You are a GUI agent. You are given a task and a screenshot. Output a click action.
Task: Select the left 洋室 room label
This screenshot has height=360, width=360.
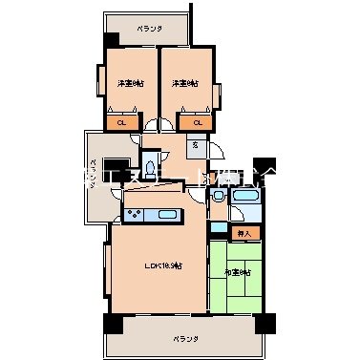click(132, 84)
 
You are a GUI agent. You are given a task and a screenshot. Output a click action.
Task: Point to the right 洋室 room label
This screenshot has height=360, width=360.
click(185, 84)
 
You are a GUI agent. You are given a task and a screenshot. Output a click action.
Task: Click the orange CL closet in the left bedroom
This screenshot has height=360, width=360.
click(121, 122)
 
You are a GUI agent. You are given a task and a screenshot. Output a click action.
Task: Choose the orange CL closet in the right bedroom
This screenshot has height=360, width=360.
click(198, 122)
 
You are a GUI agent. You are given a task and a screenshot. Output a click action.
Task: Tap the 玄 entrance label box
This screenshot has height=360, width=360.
click(194, 145)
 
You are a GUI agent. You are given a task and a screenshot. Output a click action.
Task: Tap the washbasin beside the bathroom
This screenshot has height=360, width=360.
click(219, 197)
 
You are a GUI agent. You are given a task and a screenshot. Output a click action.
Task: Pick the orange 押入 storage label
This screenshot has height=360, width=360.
click(243, 233)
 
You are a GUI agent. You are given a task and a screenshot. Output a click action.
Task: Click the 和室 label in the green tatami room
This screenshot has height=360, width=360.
click(239, 272)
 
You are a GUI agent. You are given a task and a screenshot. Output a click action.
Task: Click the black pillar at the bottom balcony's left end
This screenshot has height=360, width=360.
click(112, 323)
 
